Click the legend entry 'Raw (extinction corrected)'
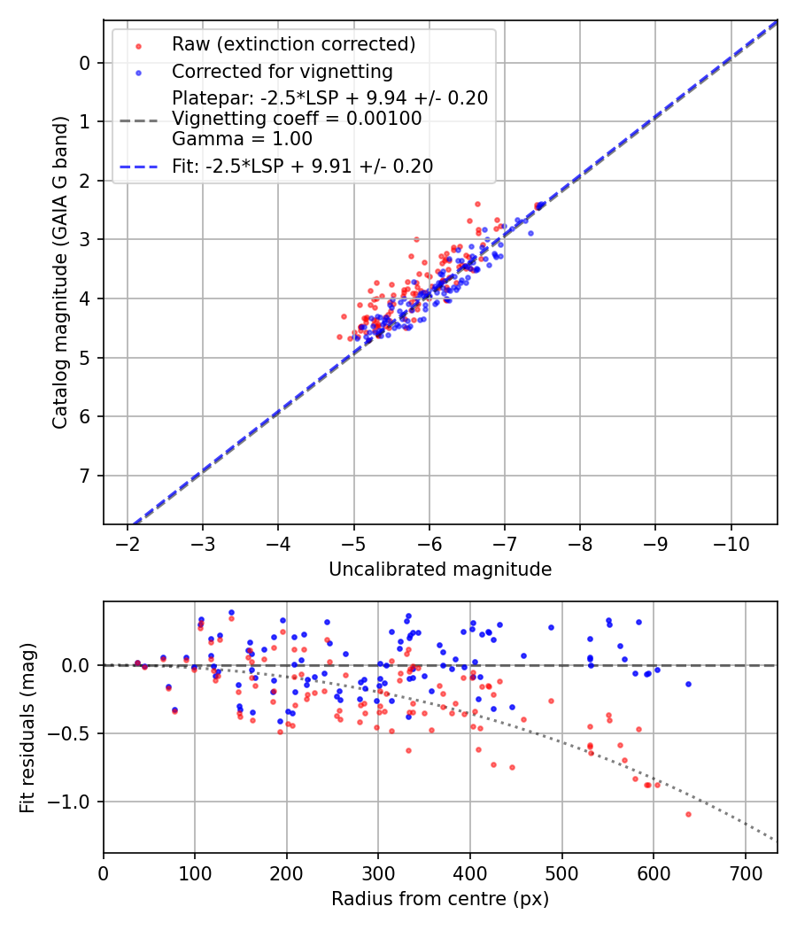[293, 44]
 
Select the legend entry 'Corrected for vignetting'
[282, 71]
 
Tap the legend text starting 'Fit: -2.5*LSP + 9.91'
[303, 166]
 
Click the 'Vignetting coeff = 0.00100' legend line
[297, 118]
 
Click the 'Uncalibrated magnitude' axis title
[440, 570]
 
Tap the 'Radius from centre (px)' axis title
[440, 899]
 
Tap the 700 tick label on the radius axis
[745, 872]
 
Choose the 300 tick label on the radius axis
[378, 872]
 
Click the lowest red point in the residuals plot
[688, 814]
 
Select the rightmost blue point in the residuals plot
[688, 684]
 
